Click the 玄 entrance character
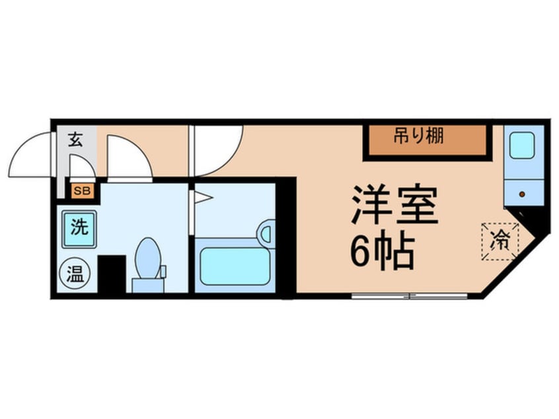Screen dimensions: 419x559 tap(75, 139)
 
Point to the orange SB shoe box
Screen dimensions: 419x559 tap(83, 191)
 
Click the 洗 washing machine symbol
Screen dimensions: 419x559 tap(79, 229)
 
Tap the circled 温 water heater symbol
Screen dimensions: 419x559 tap(75, 274)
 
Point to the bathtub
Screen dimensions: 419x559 tap(235, 266)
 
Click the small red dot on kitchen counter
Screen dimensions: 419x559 tap(523, 194)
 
